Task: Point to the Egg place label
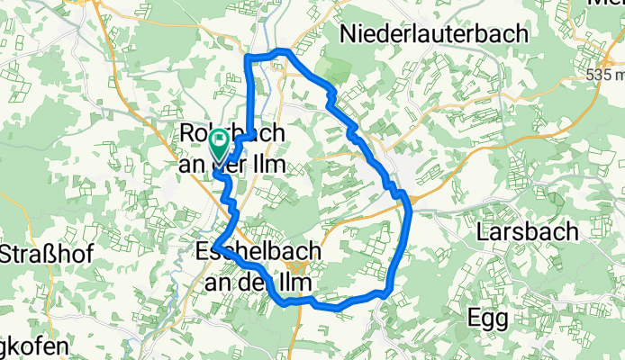[488, 318]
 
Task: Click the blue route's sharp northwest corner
[247, 58]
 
